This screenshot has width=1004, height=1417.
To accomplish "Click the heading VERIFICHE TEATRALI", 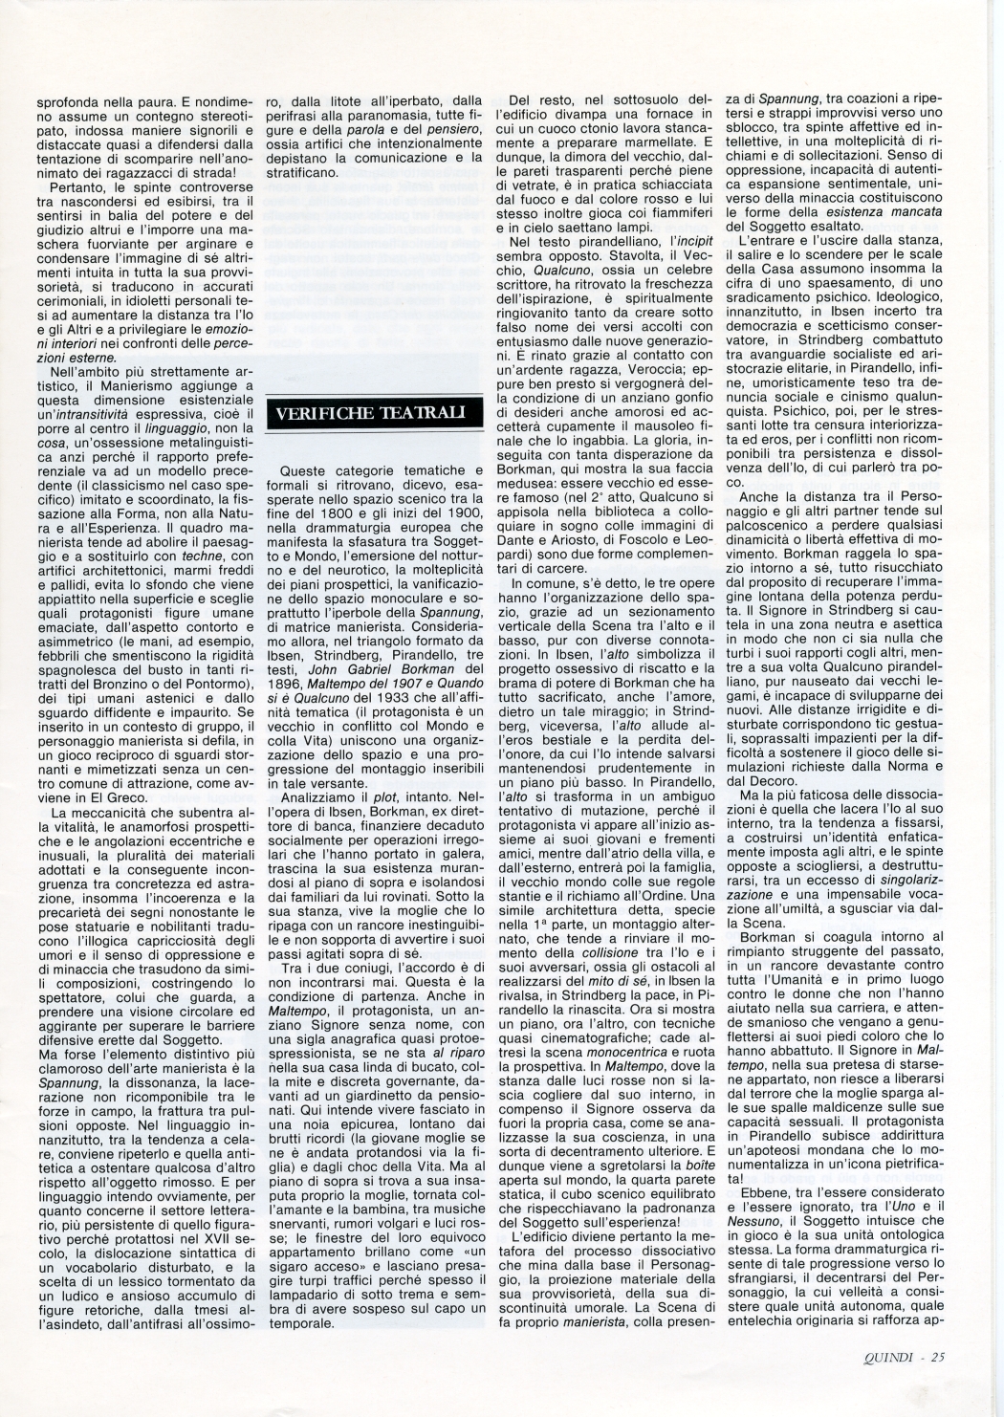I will click(372, 412).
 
